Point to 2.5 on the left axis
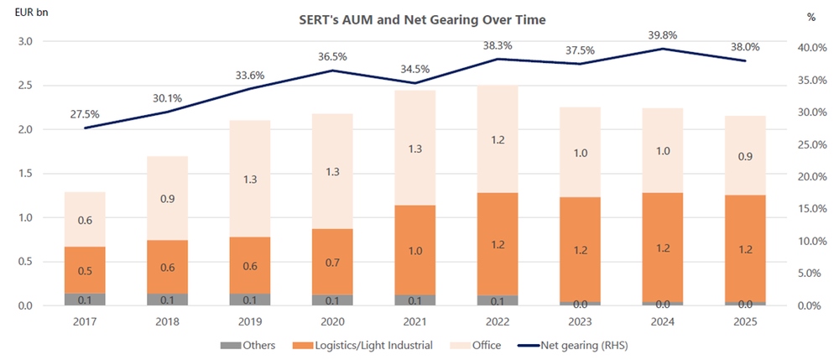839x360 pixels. pyautogui.click(x=24, y=86)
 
